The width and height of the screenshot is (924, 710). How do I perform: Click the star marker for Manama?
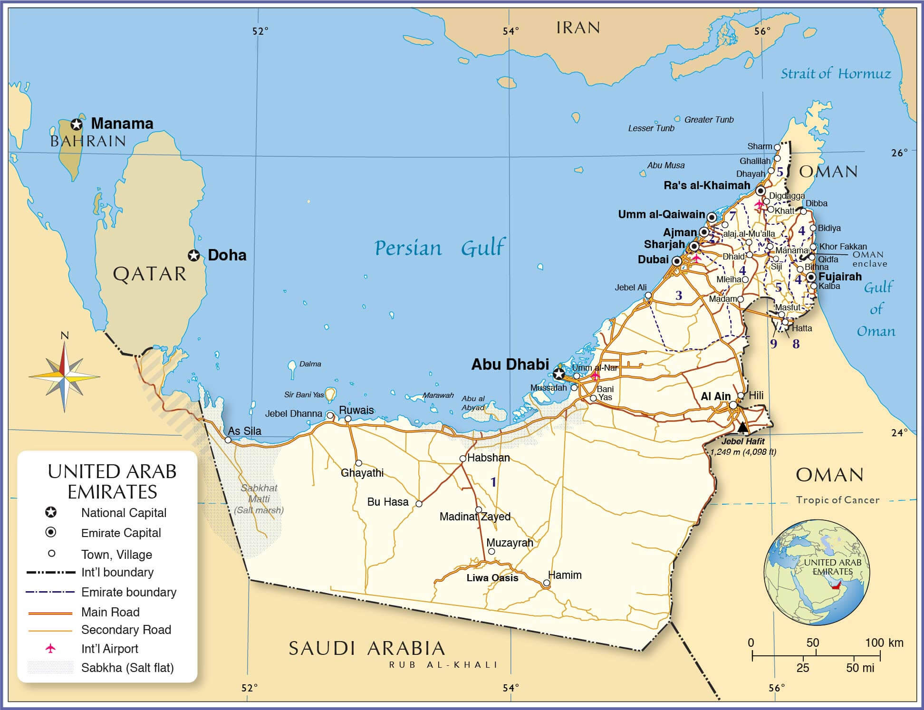click(x=76, y=125)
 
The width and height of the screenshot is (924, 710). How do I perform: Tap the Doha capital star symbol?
click(x=193, y=255)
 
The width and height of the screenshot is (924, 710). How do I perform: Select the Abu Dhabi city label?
click(x=510, y=364)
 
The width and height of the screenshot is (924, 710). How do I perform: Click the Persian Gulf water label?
click(x=440, y=248)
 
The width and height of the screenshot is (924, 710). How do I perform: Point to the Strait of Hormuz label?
click(x=836, y=74)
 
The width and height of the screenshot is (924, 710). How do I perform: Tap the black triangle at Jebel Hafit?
click(x=743, y=427)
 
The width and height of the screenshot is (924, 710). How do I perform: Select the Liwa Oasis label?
click(x=492, y=578)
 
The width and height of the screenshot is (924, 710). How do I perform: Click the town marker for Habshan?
click(x=462, y=459)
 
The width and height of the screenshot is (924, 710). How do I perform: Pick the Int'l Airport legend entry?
click(x=110, y=649)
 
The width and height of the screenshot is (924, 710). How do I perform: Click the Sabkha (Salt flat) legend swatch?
click(x=50, y=667)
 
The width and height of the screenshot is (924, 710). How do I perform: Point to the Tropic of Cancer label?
click(x=837, y=500)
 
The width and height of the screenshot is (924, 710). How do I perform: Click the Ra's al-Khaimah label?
click(x=706, y=185)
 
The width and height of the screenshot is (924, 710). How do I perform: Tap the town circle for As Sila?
click(x=228, y=440)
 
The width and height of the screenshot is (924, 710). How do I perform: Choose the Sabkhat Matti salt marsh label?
click(x=259, y=499)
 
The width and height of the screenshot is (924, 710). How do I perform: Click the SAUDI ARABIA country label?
click(x=366, y=648)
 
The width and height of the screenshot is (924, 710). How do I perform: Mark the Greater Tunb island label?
click(x=709, y=120)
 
